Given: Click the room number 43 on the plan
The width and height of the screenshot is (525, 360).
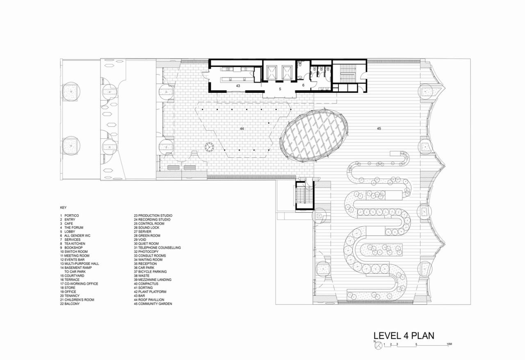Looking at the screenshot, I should pyautogui.click(x=238, y=86).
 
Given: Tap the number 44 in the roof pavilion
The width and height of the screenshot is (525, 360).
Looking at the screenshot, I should pyautogui.click(x=242, y=129).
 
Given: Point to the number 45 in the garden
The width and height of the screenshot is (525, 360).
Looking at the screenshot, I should pyautogui.click(x=379, y=129).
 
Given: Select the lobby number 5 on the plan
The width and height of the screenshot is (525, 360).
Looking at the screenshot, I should pyautogui.click(x=280, y=89).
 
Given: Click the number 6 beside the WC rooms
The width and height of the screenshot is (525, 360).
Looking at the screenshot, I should pyautogui.click(x=304, y=85).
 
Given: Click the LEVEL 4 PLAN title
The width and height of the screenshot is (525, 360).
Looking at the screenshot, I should pyautogui.click(x=404, y=336).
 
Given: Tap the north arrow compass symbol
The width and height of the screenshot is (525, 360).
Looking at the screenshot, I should pyautogui.click(x=378, y=346).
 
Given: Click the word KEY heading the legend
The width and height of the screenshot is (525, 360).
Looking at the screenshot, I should pyautogui.click(x=63, y=208).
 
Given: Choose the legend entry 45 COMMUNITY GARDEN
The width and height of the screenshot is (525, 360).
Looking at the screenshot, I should pyautogui.click(x=153, y=304).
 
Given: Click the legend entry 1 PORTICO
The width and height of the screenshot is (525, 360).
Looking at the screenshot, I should pyautogui.click(x=69, y=216).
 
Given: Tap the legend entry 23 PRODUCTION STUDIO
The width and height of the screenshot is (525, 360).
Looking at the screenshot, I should pyautogui.click(x=153, y=216).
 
